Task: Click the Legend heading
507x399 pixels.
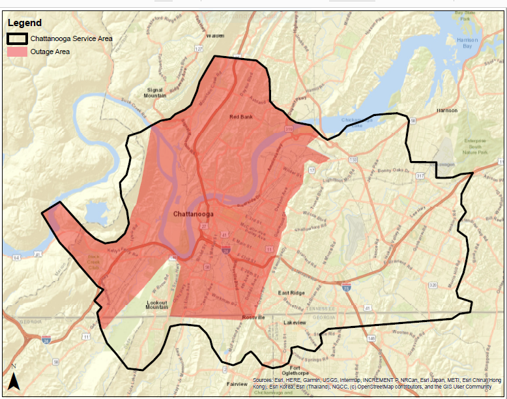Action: tap(24, 23)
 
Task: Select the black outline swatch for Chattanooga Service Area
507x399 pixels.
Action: tap(17, 38)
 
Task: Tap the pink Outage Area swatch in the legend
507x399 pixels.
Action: tap(17, 52)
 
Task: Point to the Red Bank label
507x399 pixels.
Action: tap(240, 117)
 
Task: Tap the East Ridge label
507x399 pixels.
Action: tap(292, 293)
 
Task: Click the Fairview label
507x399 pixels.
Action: tap(237, 385)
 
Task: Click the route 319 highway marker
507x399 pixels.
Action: tap(289, 130)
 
